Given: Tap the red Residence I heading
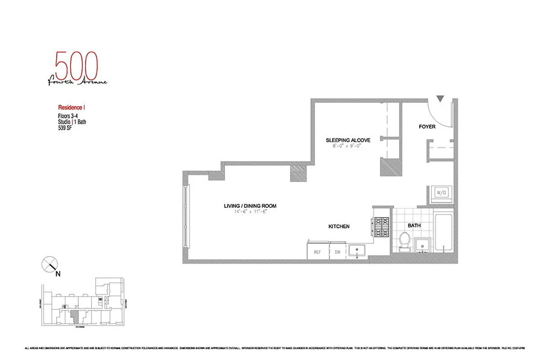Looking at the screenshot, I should tap(72, 108).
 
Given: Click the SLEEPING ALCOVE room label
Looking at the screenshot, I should tap(348, 140).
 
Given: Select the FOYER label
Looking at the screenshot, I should tap(427, 127).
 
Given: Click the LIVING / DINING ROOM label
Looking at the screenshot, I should tap(250, 206).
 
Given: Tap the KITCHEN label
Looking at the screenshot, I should tap(339, 227).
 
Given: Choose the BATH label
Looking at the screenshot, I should tap(414, 225).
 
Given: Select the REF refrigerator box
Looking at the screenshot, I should tap(317, 252).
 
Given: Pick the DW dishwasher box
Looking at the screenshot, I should tap(337, 252).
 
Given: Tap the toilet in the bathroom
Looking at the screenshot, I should tap(405, 242).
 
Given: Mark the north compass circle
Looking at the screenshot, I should tap(49, 264).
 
